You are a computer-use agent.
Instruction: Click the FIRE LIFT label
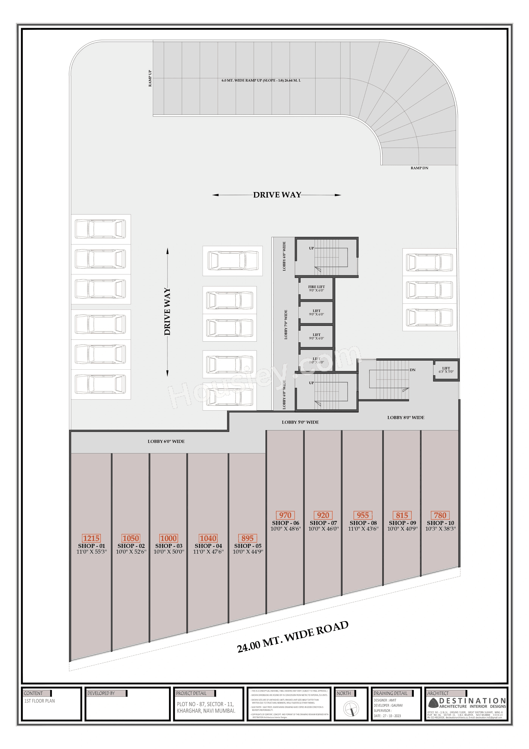coord(316,287)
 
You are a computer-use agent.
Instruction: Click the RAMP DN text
coord(419,168)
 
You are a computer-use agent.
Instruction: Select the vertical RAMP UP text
coord(150,78)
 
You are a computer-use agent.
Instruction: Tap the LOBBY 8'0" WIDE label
coord(406,418)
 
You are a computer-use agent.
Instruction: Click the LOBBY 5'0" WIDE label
coord(300,422)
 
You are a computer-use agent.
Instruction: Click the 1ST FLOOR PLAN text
coord(39,701)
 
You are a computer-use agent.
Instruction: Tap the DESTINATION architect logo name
coord(472,701)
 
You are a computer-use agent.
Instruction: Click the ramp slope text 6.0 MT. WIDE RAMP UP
coord(261,80)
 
